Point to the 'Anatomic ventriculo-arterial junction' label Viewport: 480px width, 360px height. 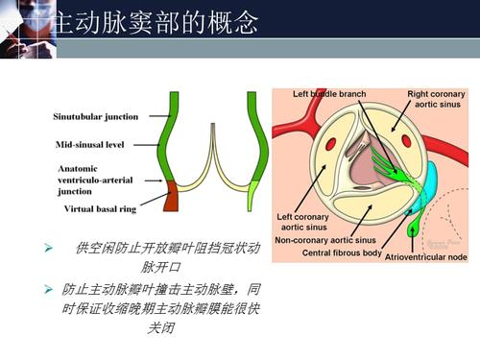pos(91,179)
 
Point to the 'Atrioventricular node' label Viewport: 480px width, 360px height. pos(426,257)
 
